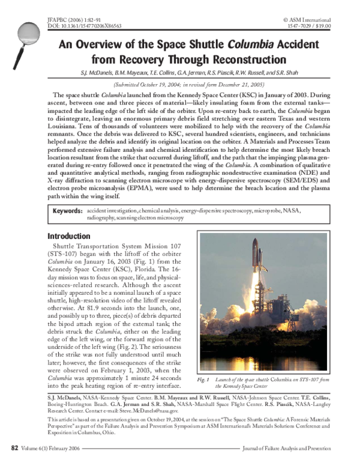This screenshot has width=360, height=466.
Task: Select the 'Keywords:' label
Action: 67,212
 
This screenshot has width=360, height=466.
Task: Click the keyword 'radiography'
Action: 104,219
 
